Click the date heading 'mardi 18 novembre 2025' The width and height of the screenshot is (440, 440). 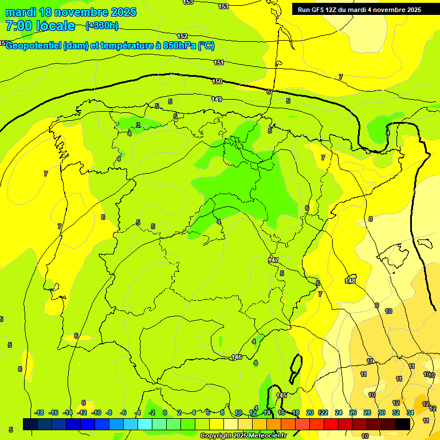point(70,12)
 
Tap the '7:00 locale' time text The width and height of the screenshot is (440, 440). point(40,26)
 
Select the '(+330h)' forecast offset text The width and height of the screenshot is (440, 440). point(102,25)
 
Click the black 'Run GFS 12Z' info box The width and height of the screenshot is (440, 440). point(359,9)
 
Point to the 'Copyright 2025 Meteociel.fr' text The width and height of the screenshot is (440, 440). point(243,436)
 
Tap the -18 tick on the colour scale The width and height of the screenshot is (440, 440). point(40,412)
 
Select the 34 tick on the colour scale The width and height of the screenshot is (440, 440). point(410,412)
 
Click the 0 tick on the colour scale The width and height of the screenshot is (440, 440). point(165,412)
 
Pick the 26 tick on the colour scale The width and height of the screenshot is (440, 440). point(353,412)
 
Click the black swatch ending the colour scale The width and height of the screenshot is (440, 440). point(402,424)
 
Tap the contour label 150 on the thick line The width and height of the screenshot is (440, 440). point(217,82)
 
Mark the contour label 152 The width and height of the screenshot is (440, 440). point(182,37)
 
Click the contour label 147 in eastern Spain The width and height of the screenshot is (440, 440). point(273,261)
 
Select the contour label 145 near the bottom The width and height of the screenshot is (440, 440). point(281,396)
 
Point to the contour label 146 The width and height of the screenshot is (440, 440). point(237,357)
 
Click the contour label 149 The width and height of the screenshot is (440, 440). point(216,100)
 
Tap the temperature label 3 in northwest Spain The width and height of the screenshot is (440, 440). point(138,125)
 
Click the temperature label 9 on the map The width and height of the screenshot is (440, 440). point(376,305)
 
